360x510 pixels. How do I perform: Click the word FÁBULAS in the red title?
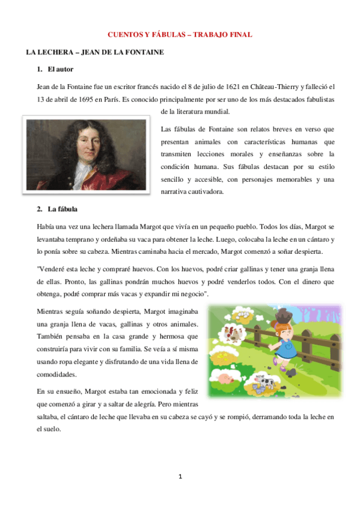tap(162, 35)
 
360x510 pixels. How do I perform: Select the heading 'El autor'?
tap(60, 70)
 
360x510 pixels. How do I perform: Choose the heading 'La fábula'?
tap(63, 209)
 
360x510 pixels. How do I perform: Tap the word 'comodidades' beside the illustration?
tap(56, 374)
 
